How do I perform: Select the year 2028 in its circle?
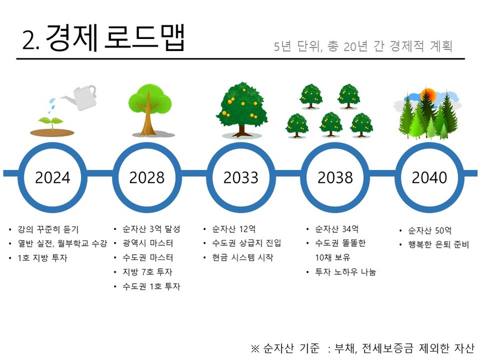coord(147,177)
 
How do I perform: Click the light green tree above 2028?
coord(149,109)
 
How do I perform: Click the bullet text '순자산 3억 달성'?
coord(151,229)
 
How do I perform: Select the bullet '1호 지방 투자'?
coord(42,258)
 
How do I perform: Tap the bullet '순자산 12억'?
coord(234,229)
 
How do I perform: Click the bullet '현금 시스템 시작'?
coord(243,257)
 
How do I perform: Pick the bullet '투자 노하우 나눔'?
coord(345,272)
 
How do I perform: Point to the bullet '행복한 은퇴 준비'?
coord(438,245)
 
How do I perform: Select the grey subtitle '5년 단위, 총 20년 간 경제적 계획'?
coord(363,46)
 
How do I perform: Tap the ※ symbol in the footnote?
coord(255,348)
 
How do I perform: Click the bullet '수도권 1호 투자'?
coord(151,286)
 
